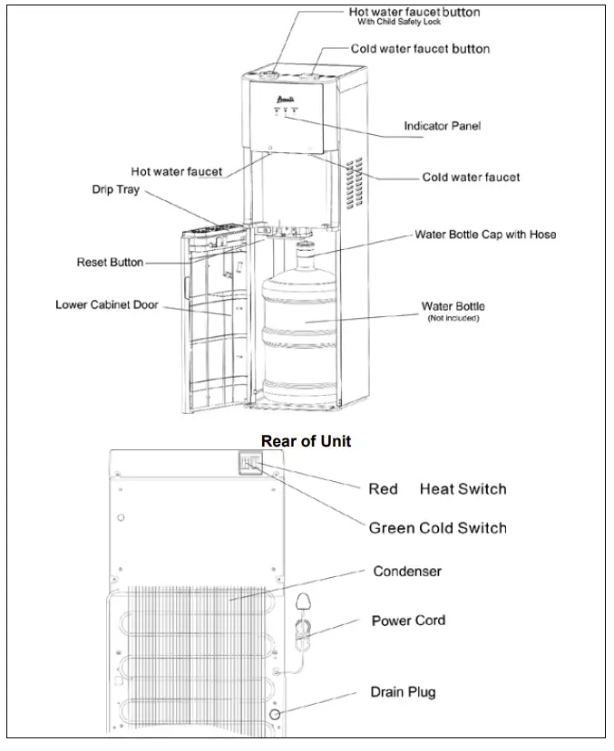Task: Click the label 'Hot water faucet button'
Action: (x=414, y=12)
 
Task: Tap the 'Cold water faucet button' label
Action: (x=420, y=48)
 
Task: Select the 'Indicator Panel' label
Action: (x=442, y=126)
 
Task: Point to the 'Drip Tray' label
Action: (x=115, y=190)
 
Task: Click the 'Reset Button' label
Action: (x=110, y=263)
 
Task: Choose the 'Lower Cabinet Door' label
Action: (x=106, y=305)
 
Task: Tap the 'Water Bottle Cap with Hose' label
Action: (x=485, y=234)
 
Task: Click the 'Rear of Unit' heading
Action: (x=306, y=441)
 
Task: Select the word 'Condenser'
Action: (x=407, y=572)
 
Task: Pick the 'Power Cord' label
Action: (x=408, y=621)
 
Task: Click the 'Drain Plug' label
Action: (x=403, y=692)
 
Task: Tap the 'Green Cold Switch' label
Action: (x=437, y=527)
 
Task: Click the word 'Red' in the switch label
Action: (x=383, y=489)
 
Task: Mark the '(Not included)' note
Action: (x=453, y=319)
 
